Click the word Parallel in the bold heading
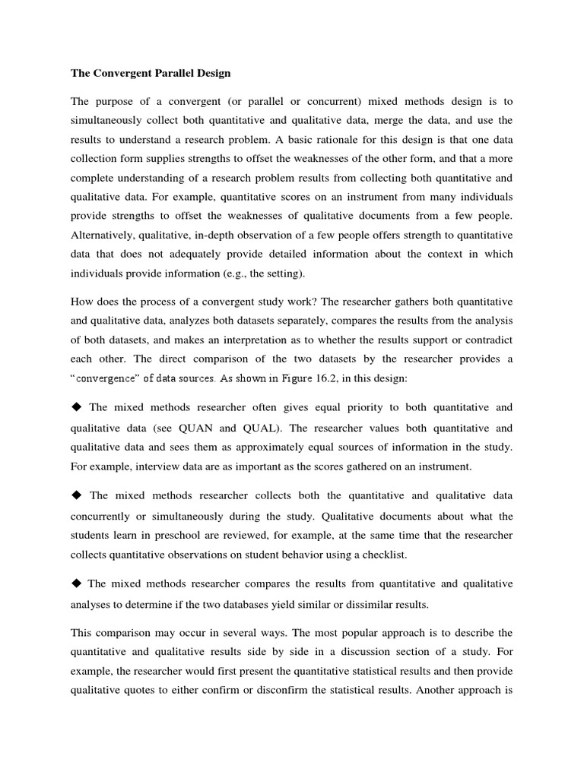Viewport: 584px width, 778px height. (x=160, y=74)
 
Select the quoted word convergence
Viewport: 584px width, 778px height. (x=103, y=377)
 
